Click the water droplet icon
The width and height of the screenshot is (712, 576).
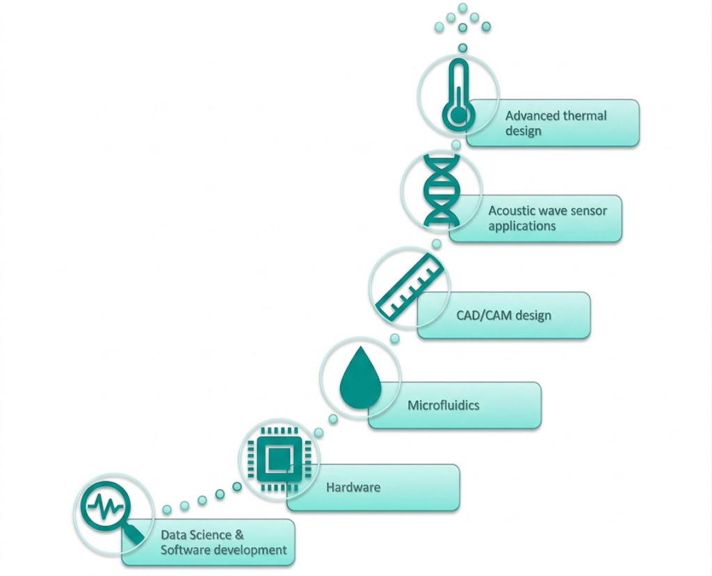(359, 378)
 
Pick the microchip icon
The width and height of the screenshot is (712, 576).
(279, 459)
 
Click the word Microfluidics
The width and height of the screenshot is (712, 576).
(443, 405)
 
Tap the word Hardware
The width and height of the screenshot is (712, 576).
(353, 487)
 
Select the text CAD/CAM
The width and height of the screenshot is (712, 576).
(483, 315)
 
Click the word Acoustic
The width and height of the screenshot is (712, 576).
(512, 211)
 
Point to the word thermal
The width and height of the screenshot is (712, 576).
(583, 115)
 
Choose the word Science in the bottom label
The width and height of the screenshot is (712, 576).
(210, 535)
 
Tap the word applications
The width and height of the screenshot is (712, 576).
(521, 226)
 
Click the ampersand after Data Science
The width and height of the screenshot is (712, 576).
(239, 535)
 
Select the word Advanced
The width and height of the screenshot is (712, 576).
(532, 115)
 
